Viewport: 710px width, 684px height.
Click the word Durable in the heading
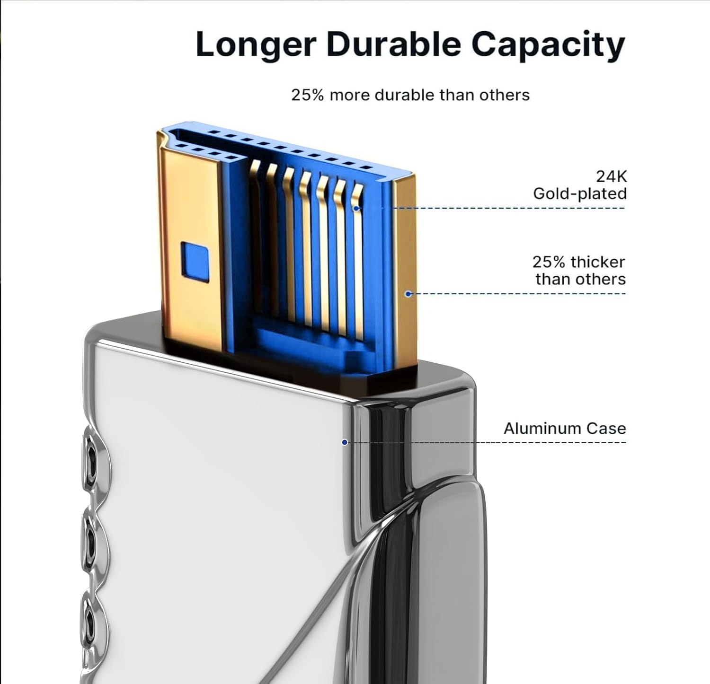coord(393,44)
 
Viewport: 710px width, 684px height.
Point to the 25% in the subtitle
coord(308,95)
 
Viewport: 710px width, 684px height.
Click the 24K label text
coord(612,176)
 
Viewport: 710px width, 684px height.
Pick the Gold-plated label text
coord(580,194)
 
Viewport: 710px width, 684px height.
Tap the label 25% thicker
coord(578,262)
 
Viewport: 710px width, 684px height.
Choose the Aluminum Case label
coord(565,429)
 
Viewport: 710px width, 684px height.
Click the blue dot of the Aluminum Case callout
coord(345,442)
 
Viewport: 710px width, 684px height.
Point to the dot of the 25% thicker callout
coord(408,294)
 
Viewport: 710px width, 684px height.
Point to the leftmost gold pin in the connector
coord(256,237)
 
